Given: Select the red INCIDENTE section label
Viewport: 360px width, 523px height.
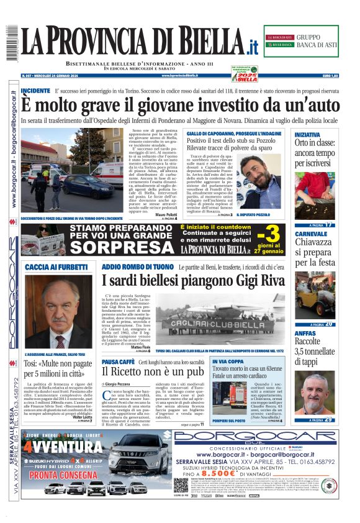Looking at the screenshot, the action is [35, 91].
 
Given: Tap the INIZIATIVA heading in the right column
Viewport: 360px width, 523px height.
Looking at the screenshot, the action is [308, 134].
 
